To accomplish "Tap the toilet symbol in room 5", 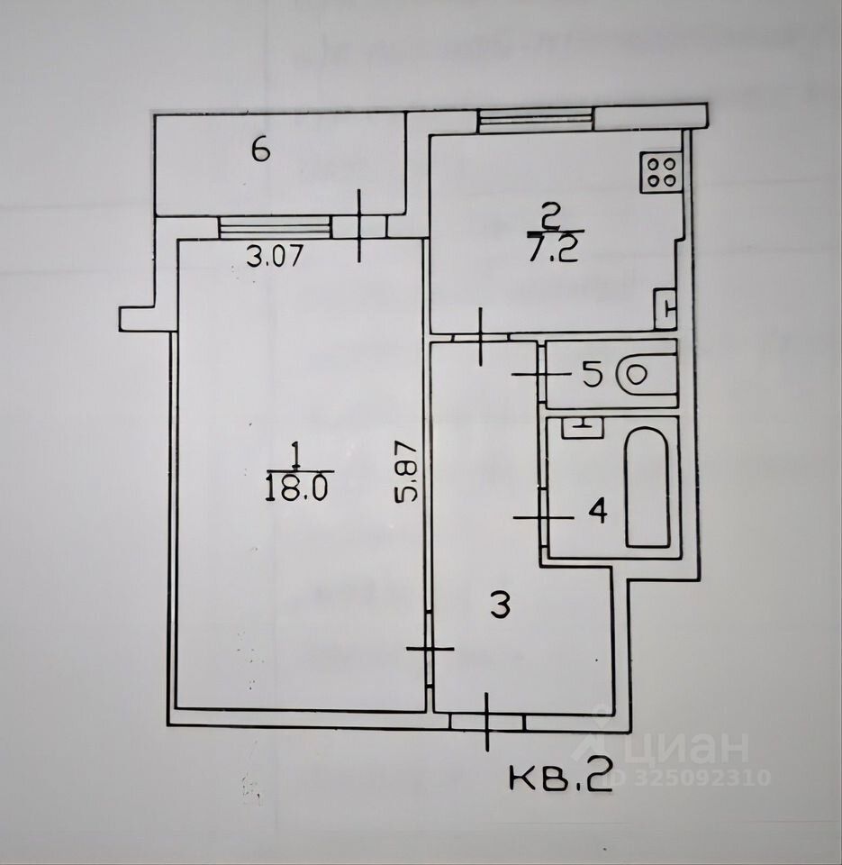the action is click(647, 375).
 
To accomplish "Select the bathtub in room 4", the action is click(647, 487).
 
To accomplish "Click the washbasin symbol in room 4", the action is click(582, 426).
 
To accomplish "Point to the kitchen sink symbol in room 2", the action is click(665, 307).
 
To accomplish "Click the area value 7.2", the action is click(552, 249).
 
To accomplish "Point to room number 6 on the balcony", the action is click(260, 150).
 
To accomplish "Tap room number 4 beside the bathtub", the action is click(597, 513).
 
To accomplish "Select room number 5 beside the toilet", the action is click(592, 375).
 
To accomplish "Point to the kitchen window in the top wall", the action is click(536, 119).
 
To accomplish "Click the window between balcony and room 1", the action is click(275, 226).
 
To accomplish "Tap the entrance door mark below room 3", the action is click(486, 721).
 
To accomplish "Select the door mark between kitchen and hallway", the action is click(482, 336).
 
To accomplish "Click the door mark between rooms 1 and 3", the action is click(430, 649).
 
